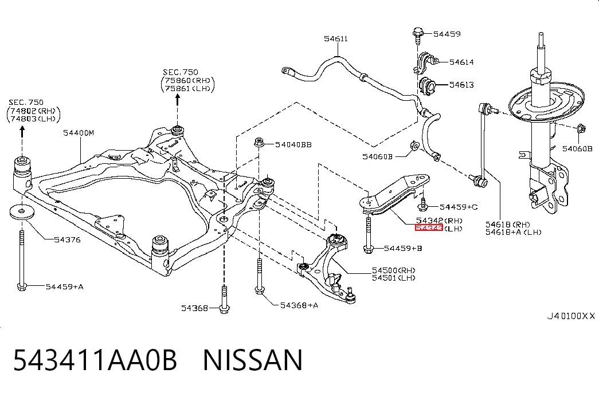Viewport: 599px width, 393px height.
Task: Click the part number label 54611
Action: pyautogui.click(x=336, y=38)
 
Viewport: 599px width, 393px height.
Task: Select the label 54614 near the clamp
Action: pyautogui.click(x=461, y=62)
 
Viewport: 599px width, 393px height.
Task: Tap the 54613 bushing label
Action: pyautogui.click(x=461, y=85)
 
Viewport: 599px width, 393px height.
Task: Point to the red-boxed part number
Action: pyautogui.click(x=429, y=228)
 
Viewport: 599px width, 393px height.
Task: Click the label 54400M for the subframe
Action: pyautogui.click(x=79, y=133)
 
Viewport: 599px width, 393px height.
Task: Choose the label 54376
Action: pyautogui.click(x=67, y=240)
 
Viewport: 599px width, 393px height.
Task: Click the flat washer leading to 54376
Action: pyautogui.click(x=22, y=212)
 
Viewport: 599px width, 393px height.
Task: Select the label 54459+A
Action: pyautogui.click(x=65, y=286)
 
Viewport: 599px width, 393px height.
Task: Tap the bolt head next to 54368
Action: pyautogui.click(x=224, y=309)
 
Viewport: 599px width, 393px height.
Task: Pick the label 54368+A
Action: pyautogui.click(x=299, y=305)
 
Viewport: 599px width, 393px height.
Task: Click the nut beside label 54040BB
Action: pyautogui.click(x=259, y=143)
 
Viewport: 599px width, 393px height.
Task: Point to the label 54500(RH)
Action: pyautogui.click(x=393, y=270)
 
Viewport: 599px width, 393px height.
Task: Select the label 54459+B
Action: pyautogui.click(x=403, y=248)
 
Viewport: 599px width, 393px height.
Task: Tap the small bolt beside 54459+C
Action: pyautogui.click(x=422, y=205)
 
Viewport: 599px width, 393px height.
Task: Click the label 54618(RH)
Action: pyautogui.click(x=508, y=224)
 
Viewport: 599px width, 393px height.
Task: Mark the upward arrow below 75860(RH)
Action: pyautogui.click(x=177, y=100)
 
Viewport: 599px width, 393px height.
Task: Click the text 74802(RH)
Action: pyautogui.click(x=33, y=111)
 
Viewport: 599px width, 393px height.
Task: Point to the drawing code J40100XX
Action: pyautogui.click(x=571, y=316)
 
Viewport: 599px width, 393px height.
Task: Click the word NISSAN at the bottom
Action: pyautogui.click(x=253, y=360)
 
